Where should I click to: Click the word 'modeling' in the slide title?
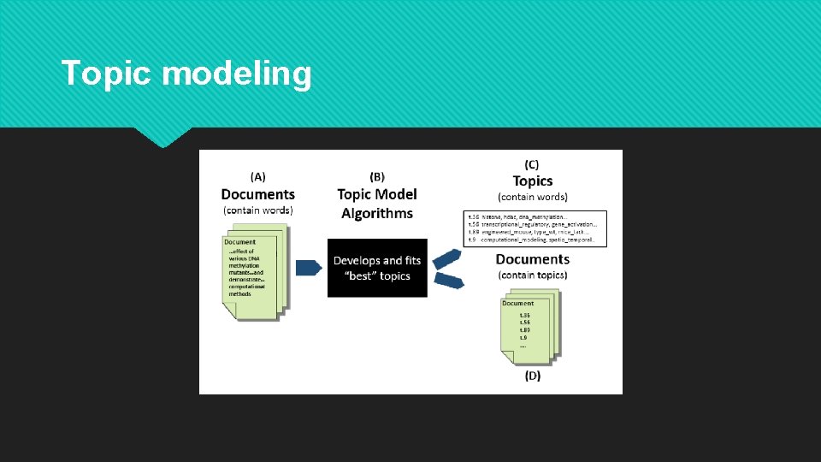[236, 75]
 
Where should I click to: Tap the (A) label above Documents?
[257, 177]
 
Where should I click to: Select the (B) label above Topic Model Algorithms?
[376, 177]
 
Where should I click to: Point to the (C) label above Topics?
[532, 164]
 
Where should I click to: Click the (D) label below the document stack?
[533, 375]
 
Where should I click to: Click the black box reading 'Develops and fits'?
[377, 268]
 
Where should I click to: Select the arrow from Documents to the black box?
[308, 268]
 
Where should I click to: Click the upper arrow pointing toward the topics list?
[447, 258]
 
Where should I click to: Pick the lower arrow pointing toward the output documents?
[448, 279]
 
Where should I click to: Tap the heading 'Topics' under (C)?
[533, 181]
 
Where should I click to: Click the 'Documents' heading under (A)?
[257, 194]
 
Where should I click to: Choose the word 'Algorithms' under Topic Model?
[377, 213]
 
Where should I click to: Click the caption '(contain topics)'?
[532, 275]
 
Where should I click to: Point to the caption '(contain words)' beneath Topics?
[533, 197]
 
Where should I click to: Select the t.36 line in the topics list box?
[530, 217]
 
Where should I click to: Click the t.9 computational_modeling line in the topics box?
[530, 240]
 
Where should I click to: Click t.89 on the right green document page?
[524, 330]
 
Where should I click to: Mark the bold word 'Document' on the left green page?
[240, 242]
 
